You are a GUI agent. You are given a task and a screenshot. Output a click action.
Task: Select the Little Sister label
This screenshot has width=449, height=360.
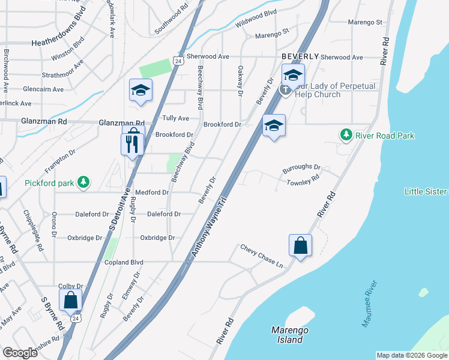[x=426, y=191]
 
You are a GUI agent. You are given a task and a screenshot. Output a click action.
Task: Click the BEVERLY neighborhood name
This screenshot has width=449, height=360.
[x=300, y=56]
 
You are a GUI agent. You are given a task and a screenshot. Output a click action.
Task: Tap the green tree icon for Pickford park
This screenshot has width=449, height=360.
[x=85, y=181]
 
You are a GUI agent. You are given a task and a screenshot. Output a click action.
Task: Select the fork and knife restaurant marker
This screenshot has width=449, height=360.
[x=133, y=144]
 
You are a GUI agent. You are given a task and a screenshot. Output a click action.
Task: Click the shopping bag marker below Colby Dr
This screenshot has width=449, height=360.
[x=71, y=299]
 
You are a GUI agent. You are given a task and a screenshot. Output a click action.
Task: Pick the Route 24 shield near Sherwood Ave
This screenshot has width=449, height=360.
[x=177, y=61]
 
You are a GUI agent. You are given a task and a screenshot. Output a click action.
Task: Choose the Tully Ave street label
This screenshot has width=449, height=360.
[x=176, y=118]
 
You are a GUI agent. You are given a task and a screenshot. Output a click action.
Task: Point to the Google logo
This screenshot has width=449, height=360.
[x=20, y=352]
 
